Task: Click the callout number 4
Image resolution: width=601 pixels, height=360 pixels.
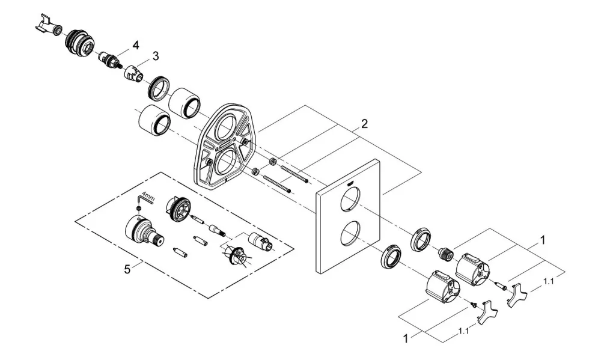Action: [136, 45]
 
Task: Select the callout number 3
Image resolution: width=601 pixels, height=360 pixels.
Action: [155, 56]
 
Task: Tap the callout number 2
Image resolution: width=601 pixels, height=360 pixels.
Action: [364, 123]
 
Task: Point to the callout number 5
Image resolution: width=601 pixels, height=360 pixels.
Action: [127, 269]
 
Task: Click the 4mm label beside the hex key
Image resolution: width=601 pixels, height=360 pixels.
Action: [148, 198]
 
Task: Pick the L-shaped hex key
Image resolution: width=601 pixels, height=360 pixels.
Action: [144, 201]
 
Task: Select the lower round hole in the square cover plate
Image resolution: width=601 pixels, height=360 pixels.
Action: [350, 234]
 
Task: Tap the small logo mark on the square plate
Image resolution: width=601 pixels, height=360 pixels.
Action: [350, 183]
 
